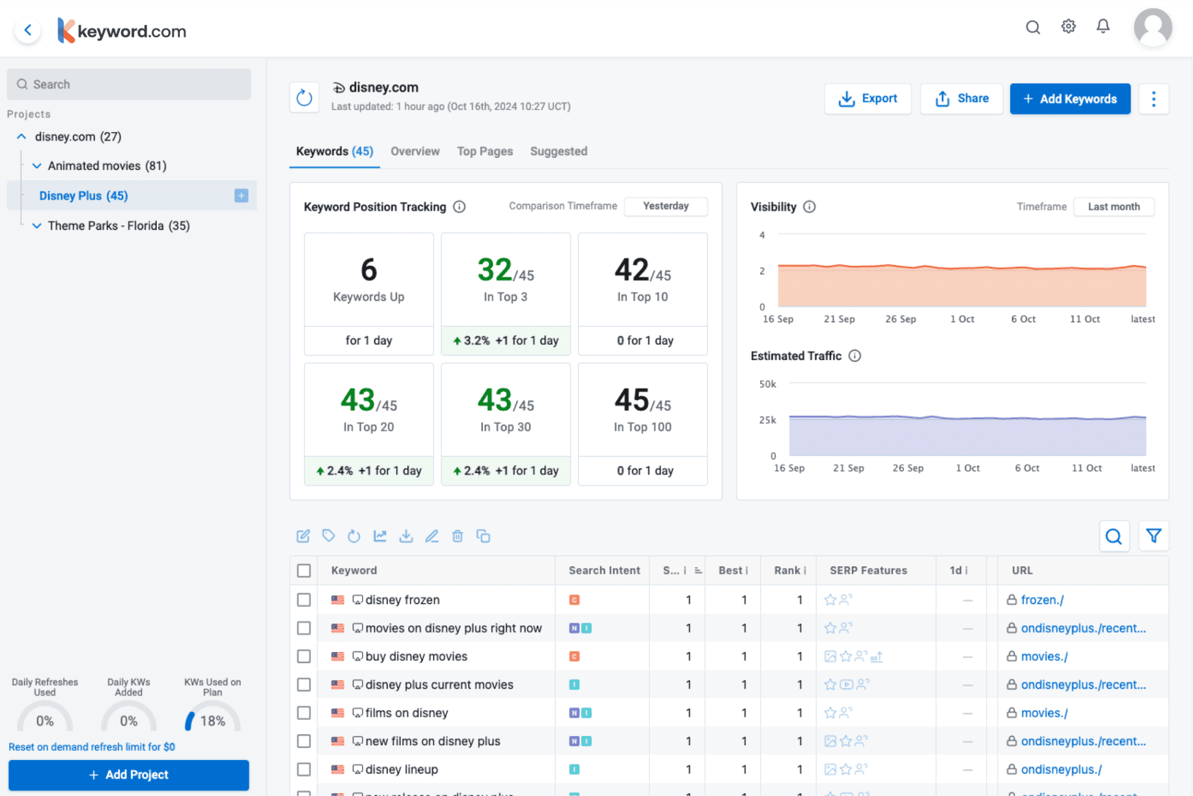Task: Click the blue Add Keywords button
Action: click(x=1070, y=98)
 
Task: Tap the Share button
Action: click(x=961, y=98)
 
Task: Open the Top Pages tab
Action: click(x=485, y=151)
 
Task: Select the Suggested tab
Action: click(x=558, y=151)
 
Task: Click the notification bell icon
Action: click(x=1103, y=27)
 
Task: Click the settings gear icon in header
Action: click(x=1068, y=27)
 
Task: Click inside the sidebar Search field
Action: click(x=129, y=84)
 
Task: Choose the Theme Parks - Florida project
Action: click(x=118, y=226)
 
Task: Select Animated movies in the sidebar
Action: click(x=107, y=165)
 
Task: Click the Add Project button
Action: click(x=129, y=774)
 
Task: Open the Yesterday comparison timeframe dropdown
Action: click(x=665, y=206)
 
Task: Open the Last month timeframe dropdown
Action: click(x=1113, y=207)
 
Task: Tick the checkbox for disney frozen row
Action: click(x=303, y=600)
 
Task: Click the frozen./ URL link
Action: click(x=1042, y=600)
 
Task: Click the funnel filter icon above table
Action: click(x=1153, y=536)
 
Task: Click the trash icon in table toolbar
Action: click(x=457, y=536)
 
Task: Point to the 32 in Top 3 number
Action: click(x=495, y=270)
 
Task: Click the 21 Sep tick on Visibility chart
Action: click(x=839, y=319)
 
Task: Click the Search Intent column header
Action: click(x=604, y=570)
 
